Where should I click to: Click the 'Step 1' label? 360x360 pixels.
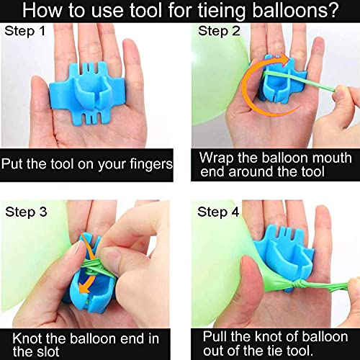28,32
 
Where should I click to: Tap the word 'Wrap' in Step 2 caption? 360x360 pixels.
215,158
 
